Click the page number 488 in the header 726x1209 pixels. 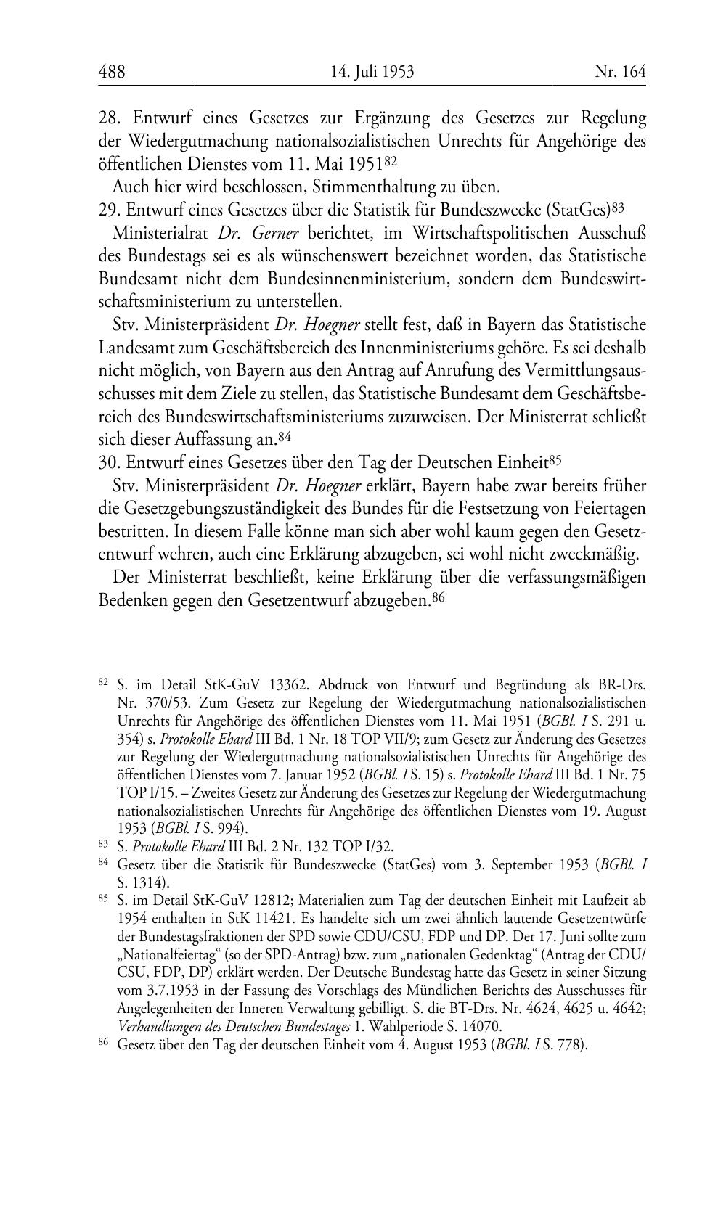(x=112, y=72)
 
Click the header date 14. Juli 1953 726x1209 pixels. (x=372, y=72)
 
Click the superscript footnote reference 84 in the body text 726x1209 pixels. (x=285, y=437)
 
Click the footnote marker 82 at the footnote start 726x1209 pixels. (x=103, y=683)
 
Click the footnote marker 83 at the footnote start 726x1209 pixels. (x=103, y=844)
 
